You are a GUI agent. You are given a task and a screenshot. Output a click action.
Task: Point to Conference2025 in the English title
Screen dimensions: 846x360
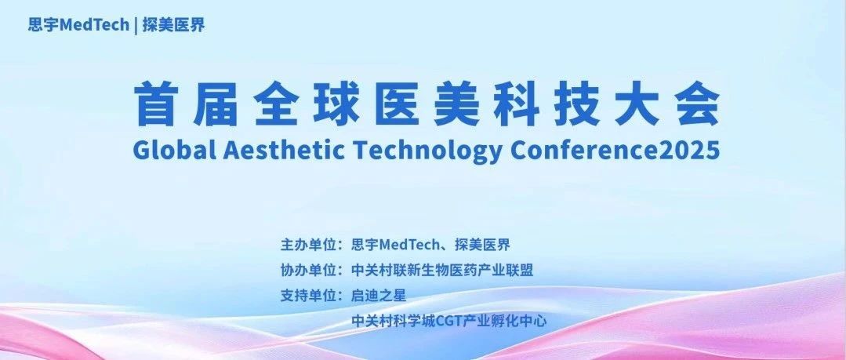point(615,150)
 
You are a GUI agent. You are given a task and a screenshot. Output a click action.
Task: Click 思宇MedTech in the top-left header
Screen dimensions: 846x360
point(78,25)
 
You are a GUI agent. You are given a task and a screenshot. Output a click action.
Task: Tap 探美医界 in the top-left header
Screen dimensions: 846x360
point(174,25)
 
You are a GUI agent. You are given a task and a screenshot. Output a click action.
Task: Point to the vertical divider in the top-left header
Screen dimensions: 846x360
point(136,25)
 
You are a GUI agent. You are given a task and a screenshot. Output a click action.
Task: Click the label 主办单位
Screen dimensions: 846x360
point(306,245)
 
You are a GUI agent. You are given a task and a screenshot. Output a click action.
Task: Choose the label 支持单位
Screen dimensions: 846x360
point(306,296)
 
